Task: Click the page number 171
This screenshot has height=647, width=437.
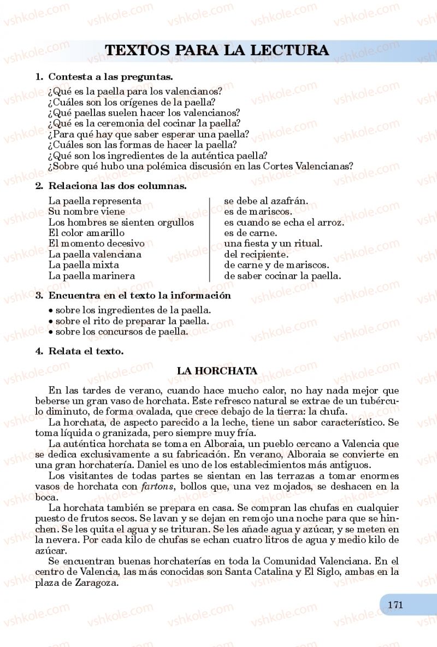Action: pos(395,605)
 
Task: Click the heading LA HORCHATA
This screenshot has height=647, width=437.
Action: pos(217,371)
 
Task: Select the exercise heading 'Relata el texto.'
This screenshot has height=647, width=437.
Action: pos(86,351)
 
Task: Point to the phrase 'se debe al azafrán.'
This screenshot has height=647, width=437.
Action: pos(266,201)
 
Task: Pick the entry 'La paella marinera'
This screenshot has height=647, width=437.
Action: pos(92,275)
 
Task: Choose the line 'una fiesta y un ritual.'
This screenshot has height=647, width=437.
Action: pos(273,244)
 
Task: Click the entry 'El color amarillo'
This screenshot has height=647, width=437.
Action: pos(86,233)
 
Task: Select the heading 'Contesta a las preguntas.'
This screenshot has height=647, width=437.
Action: pos(110,77)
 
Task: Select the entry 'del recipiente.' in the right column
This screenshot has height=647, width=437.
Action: pos(256,254)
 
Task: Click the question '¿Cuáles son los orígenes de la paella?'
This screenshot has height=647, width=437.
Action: pos(132,102)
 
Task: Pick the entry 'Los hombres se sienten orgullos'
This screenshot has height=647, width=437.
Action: pos(121,222)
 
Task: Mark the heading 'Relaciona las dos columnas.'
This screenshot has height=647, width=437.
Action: pos(117,186)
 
